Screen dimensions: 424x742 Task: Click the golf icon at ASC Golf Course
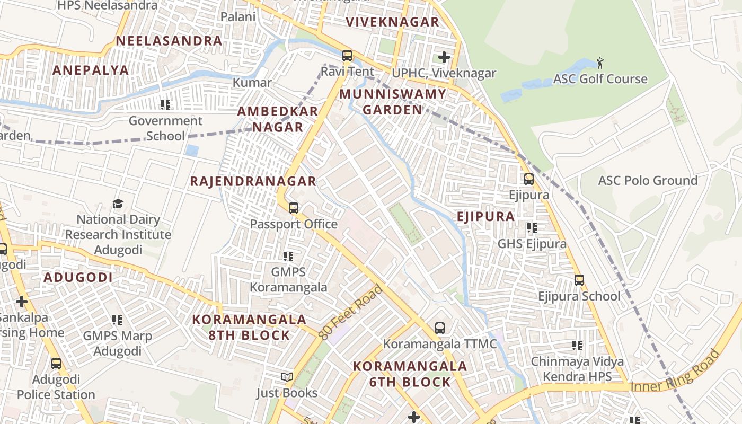coord(600,63)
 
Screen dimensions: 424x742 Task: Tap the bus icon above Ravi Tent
coord(347,55)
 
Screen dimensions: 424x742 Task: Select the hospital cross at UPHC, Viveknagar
coord(444,57)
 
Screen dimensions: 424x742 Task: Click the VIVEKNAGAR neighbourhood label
coord(392,22)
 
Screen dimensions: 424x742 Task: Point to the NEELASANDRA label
coord(169,41)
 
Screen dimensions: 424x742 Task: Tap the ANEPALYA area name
coord(91,70)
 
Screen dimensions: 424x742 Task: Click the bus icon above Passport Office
coord(294,208)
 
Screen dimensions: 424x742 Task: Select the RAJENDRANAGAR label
coord(253,181)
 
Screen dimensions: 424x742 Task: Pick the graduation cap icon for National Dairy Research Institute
coord(118,204)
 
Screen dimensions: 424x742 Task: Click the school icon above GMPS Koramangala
coord(288,257)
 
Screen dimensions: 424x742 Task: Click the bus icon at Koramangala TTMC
coord(440,328)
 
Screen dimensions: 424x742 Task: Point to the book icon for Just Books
coord(287,377)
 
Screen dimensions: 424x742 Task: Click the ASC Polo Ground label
coord(648,181)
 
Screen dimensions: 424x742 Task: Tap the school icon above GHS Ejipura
coord(532,228)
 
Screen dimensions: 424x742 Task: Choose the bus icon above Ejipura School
coord(579,280)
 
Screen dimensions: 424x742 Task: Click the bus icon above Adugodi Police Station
coord(56,364)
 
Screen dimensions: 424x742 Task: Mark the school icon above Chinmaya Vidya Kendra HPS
coord(577,346)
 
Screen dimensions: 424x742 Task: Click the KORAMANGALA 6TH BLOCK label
coord(410,374)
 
